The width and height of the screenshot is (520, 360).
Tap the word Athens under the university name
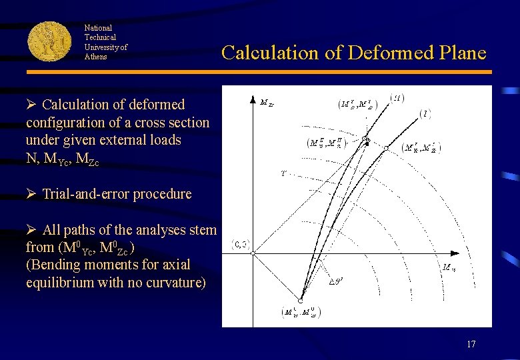(95, 57)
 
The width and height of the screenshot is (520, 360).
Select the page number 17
(471, 344)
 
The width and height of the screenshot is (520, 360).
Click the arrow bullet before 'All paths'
(31, 230)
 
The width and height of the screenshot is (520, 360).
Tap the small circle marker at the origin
(253, 253)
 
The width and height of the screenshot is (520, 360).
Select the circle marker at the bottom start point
(301, 301)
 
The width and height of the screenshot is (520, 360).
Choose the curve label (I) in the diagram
(425, 114)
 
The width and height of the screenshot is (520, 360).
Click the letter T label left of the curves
(283, 173)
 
